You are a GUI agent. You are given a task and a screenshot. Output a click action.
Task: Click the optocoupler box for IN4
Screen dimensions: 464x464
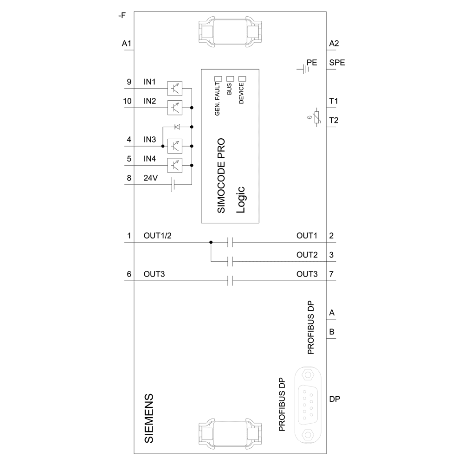[174, 165]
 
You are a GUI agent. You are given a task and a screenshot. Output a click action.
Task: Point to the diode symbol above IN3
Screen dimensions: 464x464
[177, 127]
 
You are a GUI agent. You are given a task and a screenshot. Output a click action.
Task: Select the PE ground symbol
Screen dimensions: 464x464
[304, 69]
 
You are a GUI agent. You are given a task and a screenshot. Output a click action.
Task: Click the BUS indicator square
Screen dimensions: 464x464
[229, 78]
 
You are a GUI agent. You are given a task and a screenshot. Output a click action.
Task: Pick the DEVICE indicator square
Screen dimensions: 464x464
[241, 78]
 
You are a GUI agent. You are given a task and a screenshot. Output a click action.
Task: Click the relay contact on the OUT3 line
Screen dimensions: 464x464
[230, 281]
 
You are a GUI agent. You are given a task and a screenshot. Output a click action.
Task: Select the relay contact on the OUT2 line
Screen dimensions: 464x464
[230, 262]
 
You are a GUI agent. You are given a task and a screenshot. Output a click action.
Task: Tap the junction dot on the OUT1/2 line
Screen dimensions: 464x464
[211, 242]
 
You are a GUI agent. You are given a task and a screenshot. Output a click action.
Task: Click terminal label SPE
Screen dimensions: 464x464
[337, 63]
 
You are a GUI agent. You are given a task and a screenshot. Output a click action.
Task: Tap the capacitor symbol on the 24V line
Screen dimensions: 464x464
[173, 185]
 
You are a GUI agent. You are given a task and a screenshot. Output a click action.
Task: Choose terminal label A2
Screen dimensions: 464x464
[334, 44]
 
